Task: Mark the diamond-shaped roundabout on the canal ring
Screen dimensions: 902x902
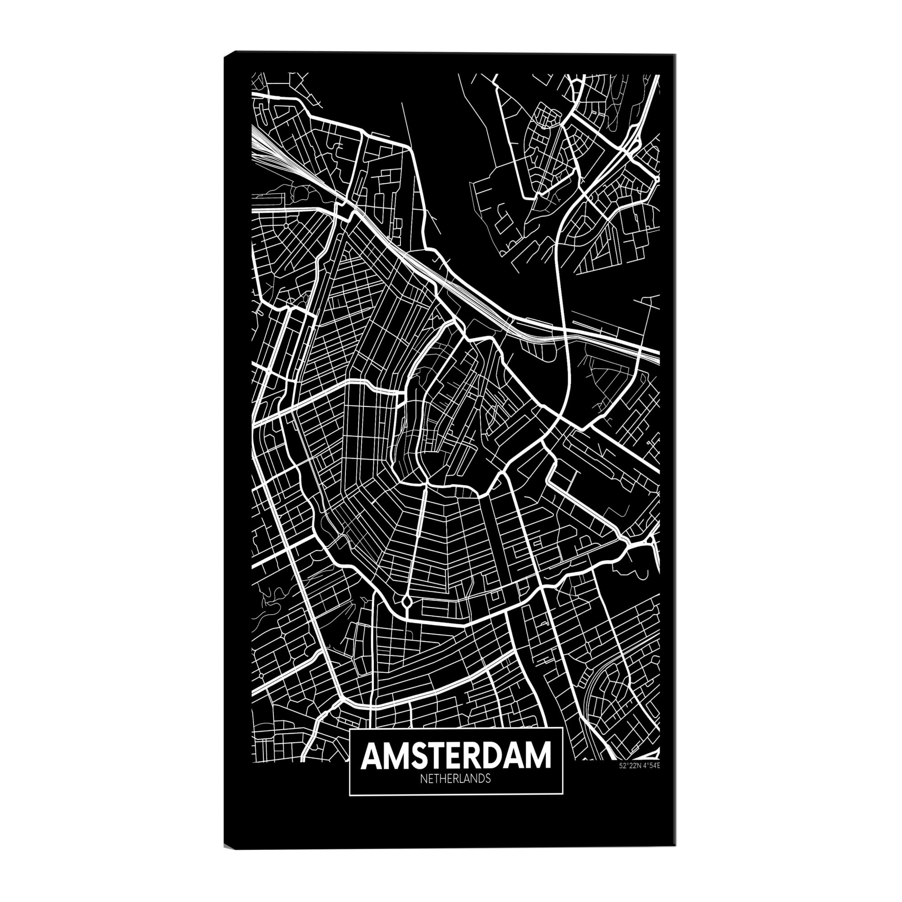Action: pos(406,602)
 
